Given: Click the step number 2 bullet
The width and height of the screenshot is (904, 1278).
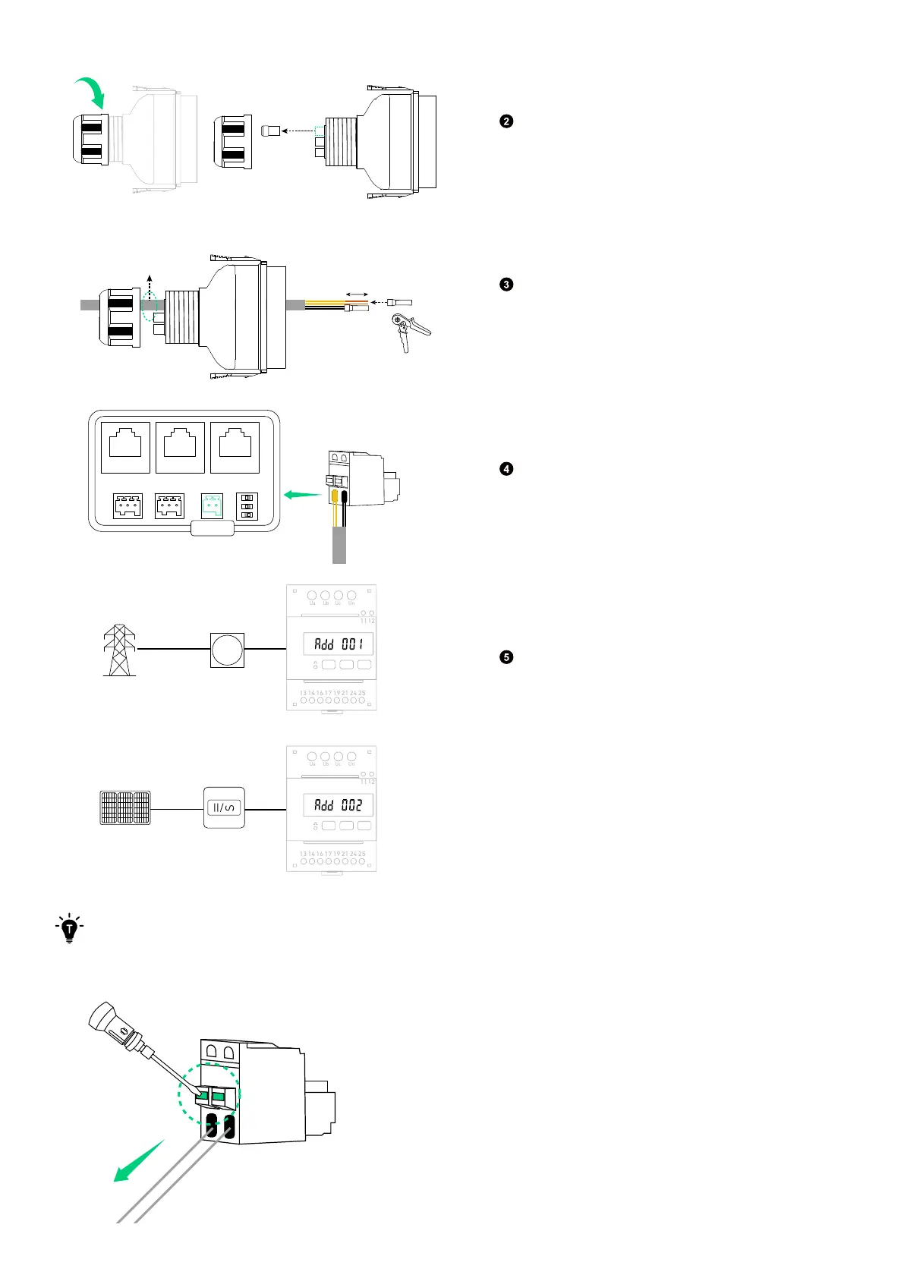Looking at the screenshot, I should (506, 121).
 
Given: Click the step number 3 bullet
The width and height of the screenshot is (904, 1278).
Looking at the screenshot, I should (506, 285).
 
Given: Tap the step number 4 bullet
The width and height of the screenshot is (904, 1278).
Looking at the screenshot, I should (506, 469).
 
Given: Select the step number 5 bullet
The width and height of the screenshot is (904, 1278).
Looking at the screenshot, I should (506, 657).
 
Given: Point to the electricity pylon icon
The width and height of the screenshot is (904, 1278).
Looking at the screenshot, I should (119, 650).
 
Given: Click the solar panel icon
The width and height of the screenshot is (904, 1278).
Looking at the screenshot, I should (125, 808).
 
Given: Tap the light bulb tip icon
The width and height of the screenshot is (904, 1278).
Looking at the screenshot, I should (70, 927).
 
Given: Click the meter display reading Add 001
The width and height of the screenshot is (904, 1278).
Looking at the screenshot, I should (339, 644).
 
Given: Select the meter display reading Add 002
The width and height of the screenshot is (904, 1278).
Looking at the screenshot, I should (339, 805).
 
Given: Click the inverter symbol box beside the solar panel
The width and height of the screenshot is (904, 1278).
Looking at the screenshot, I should (224, 807).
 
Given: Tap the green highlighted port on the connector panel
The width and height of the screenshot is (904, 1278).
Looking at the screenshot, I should (212, 505).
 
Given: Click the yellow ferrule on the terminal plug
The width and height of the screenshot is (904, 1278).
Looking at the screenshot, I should (335, 497).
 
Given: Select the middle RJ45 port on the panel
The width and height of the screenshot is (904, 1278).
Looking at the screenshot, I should (180, 447).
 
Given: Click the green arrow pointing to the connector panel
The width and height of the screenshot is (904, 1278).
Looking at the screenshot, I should (301, 495).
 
